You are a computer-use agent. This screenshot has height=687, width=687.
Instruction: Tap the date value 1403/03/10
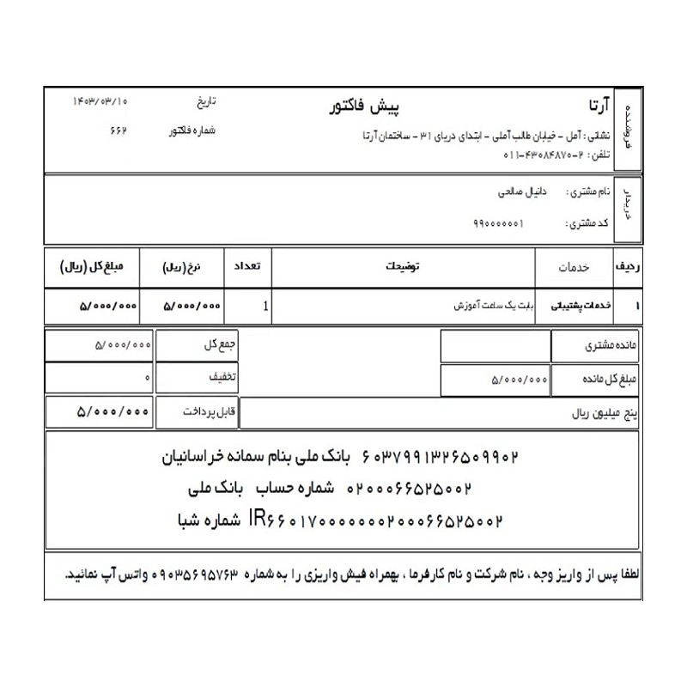point(101,101)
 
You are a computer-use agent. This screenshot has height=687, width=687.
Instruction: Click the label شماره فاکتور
point(192,131)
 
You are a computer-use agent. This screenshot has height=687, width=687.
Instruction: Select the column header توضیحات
point(403,267)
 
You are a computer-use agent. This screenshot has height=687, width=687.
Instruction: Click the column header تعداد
point(247,267)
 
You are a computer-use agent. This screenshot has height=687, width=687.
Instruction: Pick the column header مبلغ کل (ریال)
point(93,267)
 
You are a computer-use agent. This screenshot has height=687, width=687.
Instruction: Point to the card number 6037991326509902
point(441,455)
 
